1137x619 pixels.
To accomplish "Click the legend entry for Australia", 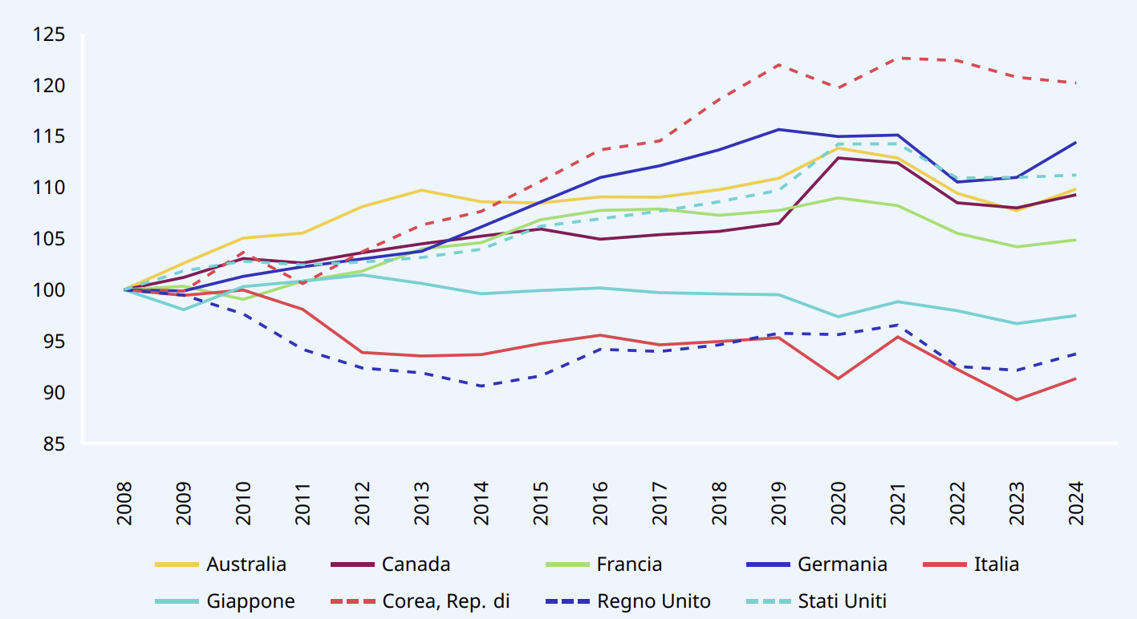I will (246, 564).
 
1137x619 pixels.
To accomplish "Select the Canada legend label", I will (416, 564).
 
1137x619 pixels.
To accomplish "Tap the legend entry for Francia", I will (629, 564).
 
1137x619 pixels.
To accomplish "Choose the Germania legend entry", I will (842, 564).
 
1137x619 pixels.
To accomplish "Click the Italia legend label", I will (996, 564).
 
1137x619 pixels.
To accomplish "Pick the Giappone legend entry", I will (250, 601).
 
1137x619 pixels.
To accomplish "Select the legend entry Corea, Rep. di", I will (446, 601).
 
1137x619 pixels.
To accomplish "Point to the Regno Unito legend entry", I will (653, 601).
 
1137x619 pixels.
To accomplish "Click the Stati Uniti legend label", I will (842, 601).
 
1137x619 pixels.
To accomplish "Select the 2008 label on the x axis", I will (124, 504).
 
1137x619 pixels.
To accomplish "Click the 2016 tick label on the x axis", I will (599, 504).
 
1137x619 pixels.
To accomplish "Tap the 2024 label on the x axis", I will (1074, 504).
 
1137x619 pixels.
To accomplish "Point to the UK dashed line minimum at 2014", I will (481, 386).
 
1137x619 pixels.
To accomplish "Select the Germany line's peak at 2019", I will (778, 129).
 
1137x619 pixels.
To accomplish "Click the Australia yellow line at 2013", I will (421, 190).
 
